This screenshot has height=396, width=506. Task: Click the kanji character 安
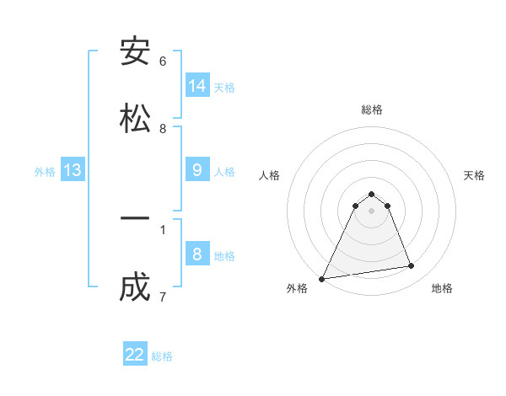135,52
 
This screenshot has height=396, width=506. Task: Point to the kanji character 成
135,287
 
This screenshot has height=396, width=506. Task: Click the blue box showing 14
197,86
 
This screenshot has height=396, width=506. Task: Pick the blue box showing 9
197,170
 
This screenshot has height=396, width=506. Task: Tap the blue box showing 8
197,254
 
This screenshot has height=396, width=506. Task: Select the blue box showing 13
73,171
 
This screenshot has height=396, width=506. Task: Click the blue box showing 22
135,355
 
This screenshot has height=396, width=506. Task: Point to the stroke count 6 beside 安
163,62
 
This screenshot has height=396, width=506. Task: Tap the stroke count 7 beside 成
163,297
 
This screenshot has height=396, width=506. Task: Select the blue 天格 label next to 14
224,87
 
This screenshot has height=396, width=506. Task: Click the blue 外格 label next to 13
45,172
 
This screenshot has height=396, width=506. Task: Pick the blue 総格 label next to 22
162,356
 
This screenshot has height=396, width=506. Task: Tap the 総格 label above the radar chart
372,110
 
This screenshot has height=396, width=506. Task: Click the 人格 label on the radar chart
270,175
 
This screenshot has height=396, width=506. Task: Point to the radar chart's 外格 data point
322,279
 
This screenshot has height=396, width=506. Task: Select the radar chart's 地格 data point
412,266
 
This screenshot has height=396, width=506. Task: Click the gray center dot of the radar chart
372,211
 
